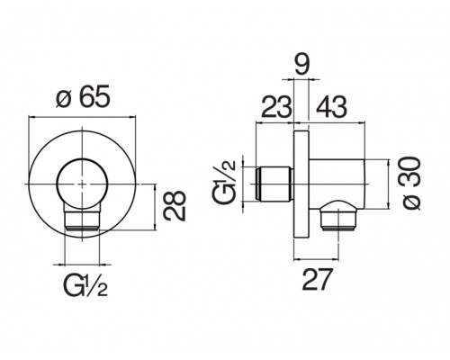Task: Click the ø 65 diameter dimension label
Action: point(83,96)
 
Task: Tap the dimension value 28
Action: point(175,206)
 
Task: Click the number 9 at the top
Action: point(301,64)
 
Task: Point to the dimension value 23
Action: point(276,106)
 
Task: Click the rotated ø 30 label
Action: point(411,184)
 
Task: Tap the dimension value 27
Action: point(318,279)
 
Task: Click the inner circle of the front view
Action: point(57,184)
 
